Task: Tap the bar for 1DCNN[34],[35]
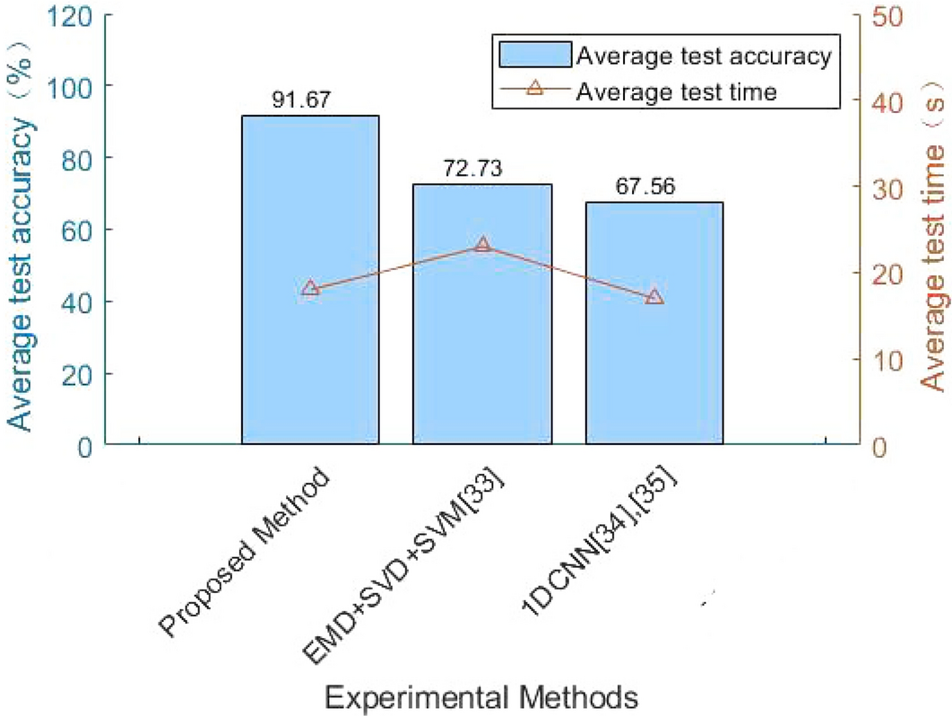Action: [x=654, y=377]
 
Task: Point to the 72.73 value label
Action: [x=472, y=169]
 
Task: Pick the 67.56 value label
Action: [x=645, y=187]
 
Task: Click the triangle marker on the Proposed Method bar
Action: [x=310, y=289]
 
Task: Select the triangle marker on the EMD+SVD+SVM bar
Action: [x=482, y=245]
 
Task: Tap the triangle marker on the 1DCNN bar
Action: [x=654, y=297]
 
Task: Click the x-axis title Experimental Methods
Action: [x=481, y=694]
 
